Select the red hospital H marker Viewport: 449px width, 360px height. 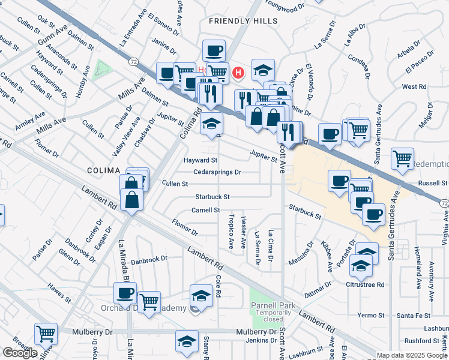point(239,74)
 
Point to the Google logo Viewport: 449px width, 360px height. point(20,353)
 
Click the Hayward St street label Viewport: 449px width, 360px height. point(200,160)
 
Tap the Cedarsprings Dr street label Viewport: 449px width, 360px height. point(217,172)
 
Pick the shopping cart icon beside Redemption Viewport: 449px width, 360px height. point(402,159)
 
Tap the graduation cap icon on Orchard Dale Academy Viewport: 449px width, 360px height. point(201,295)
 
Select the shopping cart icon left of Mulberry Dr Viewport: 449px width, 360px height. point(46,333)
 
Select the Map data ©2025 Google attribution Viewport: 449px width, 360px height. point(411,355)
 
